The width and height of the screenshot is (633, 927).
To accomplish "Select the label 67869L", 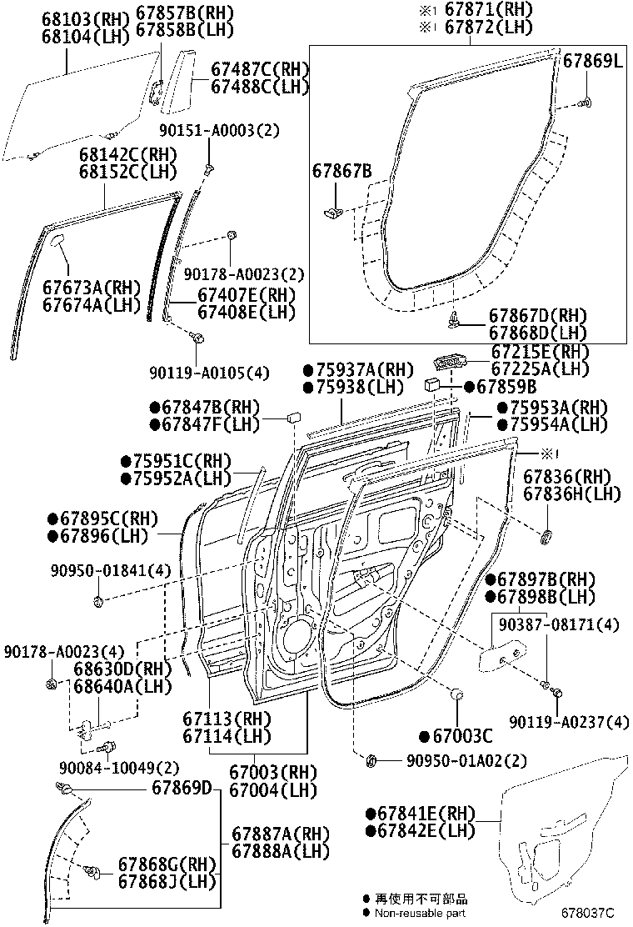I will pos(592,61).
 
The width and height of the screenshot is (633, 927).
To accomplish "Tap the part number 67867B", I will pos(341,172).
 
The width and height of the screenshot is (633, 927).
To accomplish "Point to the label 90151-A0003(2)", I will pos(220,130).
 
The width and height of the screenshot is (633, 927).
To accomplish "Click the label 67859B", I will pos(506,388).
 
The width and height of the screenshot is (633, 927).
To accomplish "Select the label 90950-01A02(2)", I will pos(466,760).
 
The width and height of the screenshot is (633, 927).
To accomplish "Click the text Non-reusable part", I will pos(421,914).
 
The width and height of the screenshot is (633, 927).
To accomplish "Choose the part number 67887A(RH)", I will pos(280,834).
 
